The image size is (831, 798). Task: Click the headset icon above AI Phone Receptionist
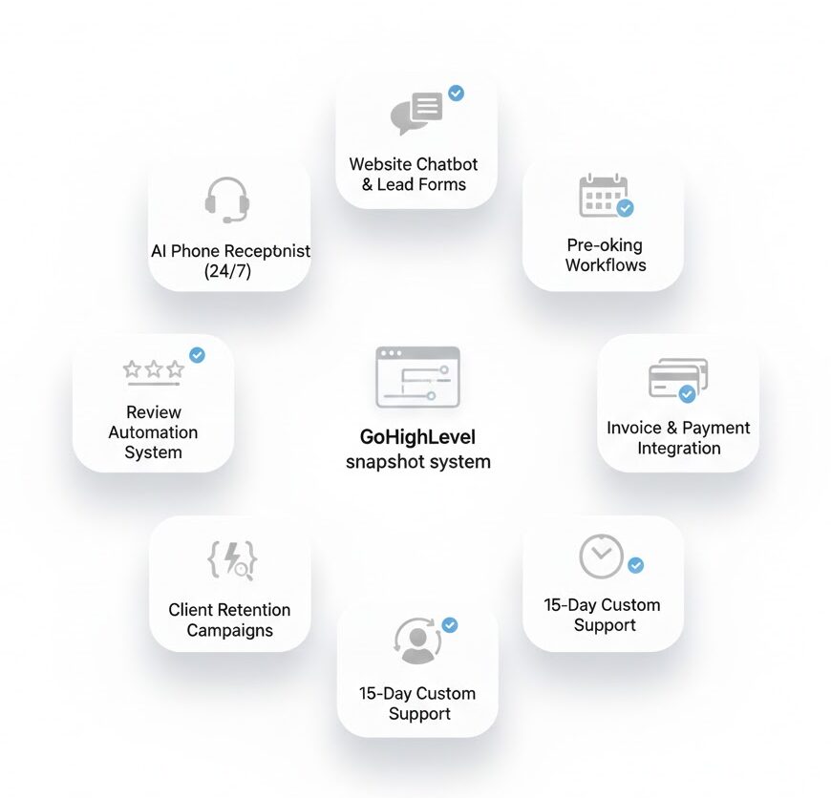pos(227,199)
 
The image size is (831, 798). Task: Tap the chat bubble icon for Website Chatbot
pos(417,114)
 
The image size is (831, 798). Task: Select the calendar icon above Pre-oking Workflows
pos(604,195)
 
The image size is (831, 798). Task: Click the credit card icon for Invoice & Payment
pos(677,379)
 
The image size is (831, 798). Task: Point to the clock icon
pos(601,556)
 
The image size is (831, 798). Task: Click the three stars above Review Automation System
pos(153,369)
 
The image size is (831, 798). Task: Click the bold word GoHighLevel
pos(417,437)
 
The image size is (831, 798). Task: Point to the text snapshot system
pos(417,462)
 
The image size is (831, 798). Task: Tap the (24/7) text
pos(229,271)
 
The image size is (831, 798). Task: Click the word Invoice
pos(633,428)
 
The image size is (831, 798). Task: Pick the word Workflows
pos(605,264)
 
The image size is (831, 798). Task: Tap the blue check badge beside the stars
pos(197,355)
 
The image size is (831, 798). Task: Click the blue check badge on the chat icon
pos(457,94)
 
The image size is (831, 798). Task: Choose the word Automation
pos(153,432)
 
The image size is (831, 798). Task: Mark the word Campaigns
pos(229,630)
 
